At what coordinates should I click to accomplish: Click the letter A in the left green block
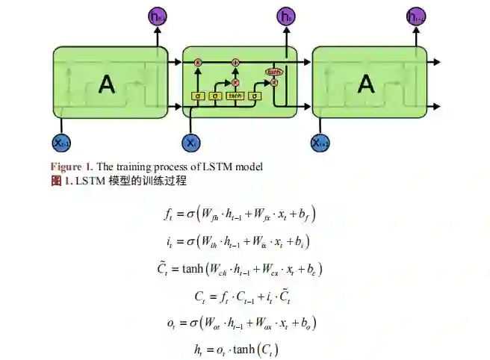click(108, 84)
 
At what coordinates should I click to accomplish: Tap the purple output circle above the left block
click(157, 16)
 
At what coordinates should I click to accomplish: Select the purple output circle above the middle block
click(286, 16)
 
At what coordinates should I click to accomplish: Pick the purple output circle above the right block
click(416, 16)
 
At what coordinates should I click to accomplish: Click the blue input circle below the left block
click(61, 143)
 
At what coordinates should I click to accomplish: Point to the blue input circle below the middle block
click(191, 143)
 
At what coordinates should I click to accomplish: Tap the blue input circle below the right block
click(320, 143)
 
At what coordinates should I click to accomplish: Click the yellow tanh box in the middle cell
click(235, 96)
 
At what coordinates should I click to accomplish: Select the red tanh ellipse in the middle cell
click(273, 72)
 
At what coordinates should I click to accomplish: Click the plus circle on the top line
click(235, 62)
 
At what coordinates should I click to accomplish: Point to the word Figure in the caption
click(65, 166)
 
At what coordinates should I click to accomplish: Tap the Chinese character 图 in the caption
click(56, 181)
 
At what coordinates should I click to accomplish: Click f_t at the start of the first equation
click(168, 214)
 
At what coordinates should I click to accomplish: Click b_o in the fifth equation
click(308, 323)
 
